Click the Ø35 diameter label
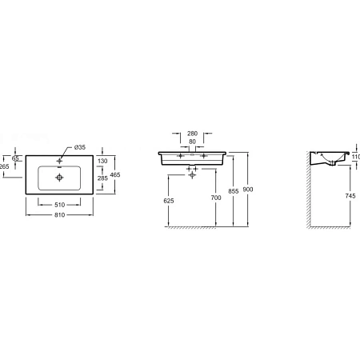tap(81, 147)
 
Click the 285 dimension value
tap(102, 178)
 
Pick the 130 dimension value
tap(102, 161)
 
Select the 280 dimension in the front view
tap(192, 134)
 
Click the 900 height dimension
tap(250, 188)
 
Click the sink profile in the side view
tap(330, 158)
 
